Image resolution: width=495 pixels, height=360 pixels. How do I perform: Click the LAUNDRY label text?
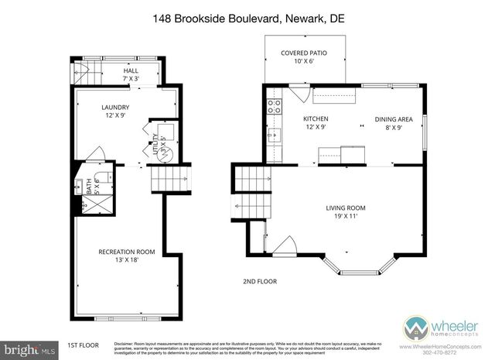click(x=115, y=107)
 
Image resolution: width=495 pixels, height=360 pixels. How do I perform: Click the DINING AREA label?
click(x=394, y=119)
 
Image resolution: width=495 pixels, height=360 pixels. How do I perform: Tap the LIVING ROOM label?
click(x=345, y=208)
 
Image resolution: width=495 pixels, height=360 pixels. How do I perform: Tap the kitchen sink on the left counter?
click(x=271, y=136)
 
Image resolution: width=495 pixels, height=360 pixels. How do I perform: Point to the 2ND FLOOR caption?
click(x=260, y=281)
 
